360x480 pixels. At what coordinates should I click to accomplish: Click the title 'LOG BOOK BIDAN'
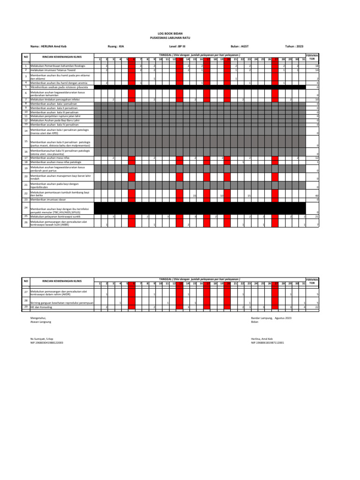tap(180, 33)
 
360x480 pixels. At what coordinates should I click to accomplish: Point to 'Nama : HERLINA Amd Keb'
tap(49, 46)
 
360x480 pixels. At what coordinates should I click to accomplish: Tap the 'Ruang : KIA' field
tap(116, 46)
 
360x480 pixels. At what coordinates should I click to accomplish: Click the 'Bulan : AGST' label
tap(240, 46)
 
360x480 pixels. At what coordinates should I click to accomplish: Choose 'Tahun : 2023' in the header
tap(294, 46)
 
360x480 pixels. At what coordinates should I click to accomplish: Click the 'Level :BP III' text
tap(177, 46)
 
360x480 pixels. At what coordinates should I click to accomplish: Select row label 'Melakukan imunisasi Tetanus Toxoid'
tap(50, 70)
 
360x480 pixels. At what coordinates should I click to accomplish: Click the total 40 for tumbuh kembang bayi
tap(317, 195)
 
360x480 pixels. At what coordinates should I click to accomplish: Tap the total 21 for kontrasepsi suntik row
tap(317, 217)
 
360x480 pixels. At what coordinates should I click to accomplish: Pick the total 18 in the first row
tap(317, 66)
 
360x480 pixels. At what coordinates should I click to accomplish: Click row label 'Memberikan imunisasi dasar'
tap(48, 200)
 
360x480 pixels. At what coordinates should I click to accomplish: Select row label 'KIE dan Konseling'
tap(41, 307)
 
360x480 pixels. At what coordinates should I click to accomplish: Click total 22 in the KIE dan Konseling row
tap(317, 307)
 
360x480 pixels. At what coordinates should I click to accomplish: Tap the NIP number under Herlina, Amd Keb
tap(268, 343)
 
